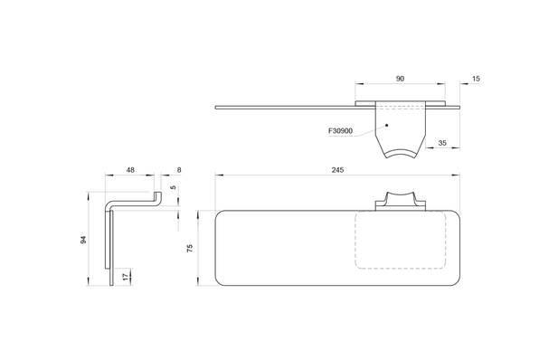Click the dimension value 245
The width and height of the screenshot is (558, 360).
click(x=337, y=170)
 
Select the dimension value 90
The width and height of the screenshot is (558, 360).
click(x=400, y=79)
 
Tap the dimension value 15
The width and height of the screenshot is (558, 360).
click(x=476, y=79)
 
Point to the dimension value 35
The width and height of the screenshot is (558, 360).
click(x=442, y=143)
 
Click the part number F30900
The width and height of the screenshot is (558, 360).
click(x=340, y=130)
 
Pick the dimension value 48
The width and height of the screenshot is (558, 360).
click(x=130, y=170)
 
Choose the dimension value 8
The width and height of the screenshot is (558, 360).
click(x=179, y=170)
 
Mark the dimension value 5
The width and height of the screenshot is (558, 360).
click(x=174, y=187)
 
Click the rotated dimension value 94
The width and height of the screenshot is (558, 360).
click(x=83, y=240)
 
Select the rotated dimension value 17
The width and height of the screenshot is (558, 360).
click(x=125, y=277)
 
